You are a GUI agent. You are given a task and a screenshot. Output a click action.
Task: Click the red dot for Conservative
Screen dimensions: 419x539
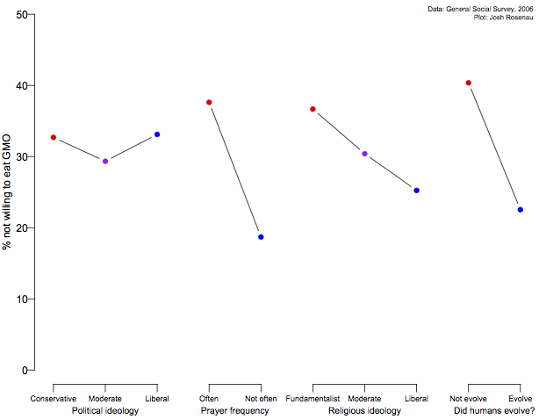pyautogui.click(x=54, y=138)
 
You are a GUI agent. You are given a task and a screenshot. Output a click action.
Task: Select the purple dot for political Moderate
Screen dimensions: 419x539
pyautogui.click(x=105, y=162)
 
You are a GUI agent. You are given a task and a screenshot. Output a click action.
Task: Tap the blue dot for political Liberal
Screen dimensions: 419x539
pyautogui.click(x=157, y=134)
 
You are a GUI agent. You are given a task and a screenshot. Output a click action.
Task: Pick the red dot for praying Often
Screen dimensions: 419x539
pyautogui.click(x=209, y=103)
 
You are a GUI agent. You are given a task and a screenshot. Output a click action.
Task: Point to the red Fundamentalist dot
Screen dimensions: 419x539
pyautogui.click(x=313, y=109)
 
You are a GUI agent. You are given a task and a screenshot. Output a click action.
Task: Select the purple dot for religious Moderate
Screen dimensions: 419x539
pyautogui.click(x=364, y=154)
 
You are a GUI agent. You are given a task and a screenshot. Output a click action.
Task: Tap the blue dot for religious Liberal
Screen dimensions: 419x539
pyautogui.click(x=416, y=191)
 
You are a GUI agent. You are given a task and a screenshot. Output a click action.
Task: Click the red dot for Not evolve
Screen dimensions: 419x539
pyautogui.click(x=469, y=83)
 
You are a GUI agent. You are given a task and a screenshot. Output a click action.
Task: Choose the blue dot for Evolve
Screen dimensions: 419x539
pyautogui.click(x=520, y=210)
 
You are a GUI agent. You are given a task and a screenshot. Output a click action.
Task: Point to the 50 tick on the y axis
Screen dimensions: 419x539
pyautogui.click(x=33, y=15)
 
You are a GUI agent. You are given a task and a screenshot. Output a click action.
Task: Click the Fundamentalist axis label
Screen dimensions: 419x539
pyautogui.click(x=313, y=399)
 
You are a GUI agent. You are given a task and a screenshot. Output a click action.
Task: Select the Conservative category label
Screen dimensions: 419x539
pyautogui.click(x=54, y=399)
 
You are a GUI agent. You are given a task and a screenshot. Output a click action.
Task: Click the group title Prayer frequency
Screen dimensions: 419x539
pyautogui.click(x=234, y=410)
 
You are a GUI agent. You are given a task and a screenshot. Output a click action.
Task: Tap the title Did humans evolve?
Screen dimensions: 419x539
pyautogui.click(x=494, y=410)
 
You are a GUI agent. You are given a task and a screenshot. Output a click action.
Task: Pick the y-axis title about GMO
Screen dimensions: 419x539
pyautogui.click(x=7, y=192)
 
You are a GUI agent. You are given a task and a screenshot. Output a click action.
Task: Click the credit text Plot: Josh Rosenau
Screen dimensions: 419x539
pyautogui.click(x=504, y=17)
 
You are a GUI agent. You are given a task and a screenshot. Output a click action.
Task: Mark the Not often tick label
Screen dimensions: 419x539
pyautogui.click(x=261, y=399)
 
